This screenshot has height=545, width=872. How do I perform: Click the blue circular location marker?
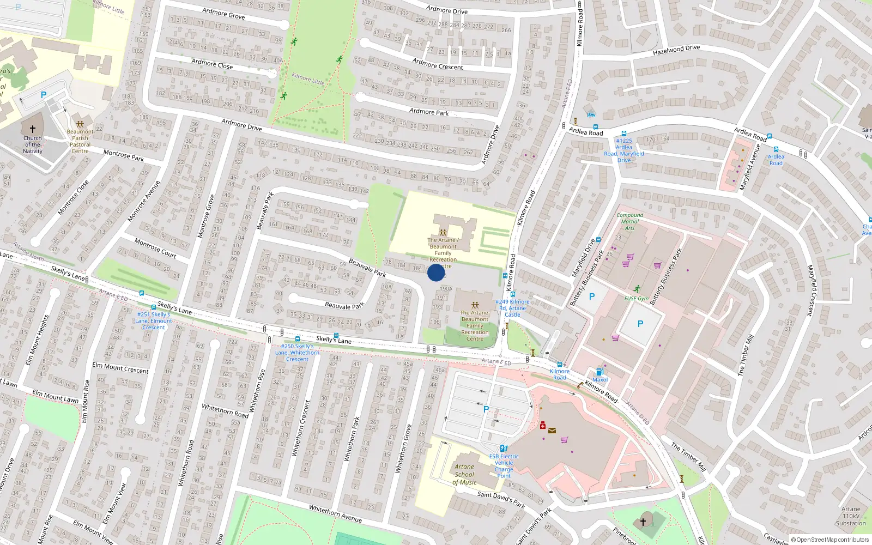[x=435, y=272]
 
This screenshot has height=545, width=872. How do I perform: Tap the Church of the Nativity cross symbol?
[x=33, y=129]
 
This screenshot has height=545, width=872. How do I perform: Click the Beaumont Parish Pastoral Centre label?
[x=80, y=141]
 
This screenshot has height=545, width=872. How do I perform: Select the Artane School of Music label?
[x=464, y=474]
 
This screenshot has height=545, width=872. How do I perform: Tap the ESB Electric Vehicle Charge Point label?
[x=504, y=466]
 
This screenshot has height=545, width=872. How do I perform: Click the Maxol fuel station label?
[x=599, y=380]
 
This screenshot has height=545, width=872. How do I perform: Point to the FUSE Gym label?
[x=636, y=299]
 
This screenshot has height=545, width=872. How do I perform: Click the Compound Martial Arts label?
[x=629, y=221]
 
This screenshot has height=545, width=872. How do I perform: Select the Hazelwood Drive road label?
[x=676, y=50]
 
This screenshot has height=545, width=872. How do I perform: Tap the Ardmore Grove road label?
[x=223, y=13]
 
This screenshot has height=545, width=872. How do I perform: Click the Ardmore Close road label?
[x=212, y=64]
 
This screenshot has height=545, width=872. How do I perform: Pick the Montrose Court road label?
[x=155, y=248]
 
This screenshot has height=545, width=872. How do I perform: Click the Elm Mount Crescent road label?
[x=120, y=368]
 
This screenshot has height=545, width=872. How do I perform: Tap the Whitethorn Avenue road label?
[x=335, y=513]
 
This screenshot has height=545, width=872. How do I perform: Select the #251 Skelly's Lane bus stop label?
[x=154, y=321]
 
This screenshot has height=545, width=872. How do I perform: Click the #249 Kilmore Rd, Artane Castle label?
[x=512, y=308]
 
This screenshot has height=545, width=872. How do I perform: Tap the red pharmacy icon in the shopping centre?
[x=543, y=425]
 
